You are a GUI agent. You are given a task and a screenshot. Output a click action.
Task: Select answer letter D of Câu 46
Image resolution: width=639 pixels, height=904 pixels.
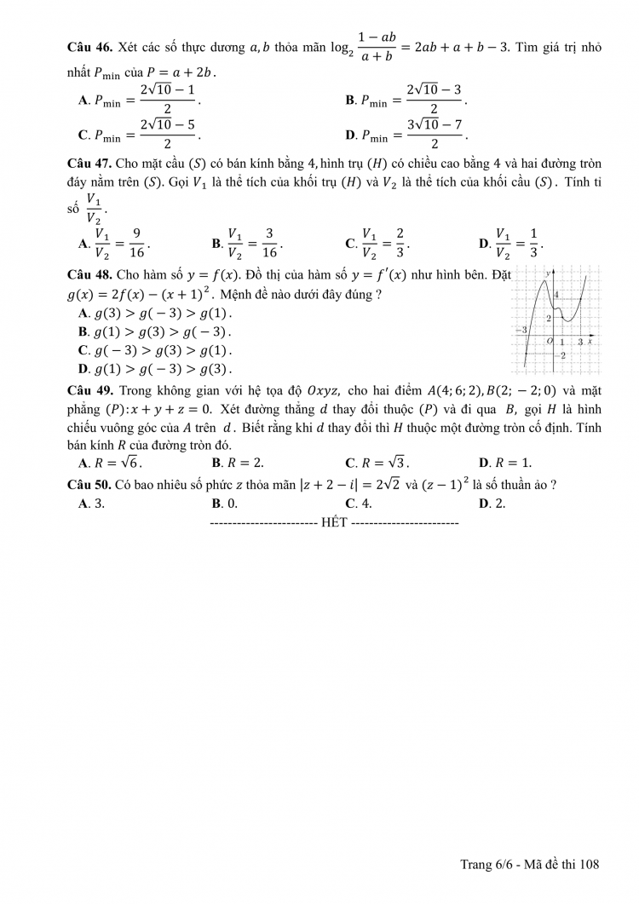350,135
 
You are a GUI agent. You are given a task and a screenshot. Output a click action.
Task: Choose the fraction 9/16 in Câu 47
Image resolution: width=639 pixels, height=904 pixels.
141,243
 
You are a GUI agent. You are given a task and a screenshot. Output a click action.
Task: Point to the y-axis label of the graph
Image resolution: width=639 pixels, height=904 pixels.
548,272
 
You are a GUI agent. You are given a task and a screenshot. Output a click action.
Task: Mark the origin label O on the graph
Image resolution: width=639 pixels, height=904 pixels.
550,341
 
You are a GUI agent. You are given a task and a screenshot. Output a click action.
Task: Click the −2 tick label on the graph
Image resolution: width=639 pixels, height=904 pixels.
561,354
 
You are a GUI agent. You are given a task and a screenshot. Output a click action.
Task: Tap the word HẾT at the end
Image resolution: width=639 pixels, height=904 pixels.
334,522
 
